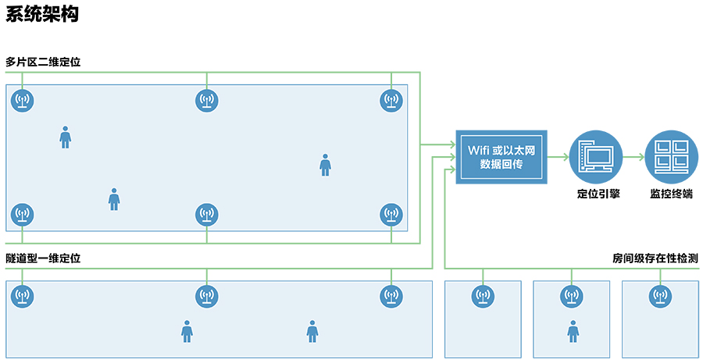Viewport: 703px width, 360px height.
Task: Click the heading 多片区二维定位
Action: click(x=43, y=62)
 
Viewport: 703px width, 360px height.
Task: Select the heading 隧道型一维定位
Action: click(x=43, y=258)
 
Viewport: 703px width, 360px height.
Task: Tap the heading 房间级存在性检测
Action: click(x=655, y=258)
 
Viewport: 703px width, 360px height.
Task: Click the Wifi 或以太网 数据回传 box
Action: click(x=501, y=156)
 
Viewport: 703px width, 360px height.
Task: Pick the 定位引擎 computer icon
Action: click(x=594, y=156)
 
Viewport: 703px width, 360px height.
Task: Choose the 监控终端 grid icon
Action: click(x=671, y=156)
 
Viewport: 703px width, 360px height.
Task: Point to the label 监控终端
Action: click(x=671, y=194)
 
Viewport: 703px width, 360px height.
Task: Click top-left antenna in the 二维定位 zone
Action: click(x=22, y=100)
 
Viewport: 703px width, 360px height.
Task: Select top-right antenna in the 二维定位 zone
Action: click(x=391, y=100)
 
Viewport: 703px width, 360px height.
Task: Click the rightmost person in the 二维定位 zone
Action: click(x=325, y=165)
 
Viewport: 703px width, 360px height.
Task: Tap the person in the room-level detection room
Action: click(x=573, y=331)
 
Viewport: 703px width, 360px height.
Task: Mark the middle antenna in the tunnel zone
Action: click(x=206, y=296)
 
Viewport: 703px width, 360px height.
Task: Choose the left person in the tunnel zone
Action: click(x=187, y=331)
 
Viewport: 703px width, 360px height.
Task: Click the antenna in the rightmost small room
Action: click(x=661, y=296)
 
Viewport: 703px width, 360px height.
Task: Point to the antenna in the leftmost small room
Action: click(x=483, y=296)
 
